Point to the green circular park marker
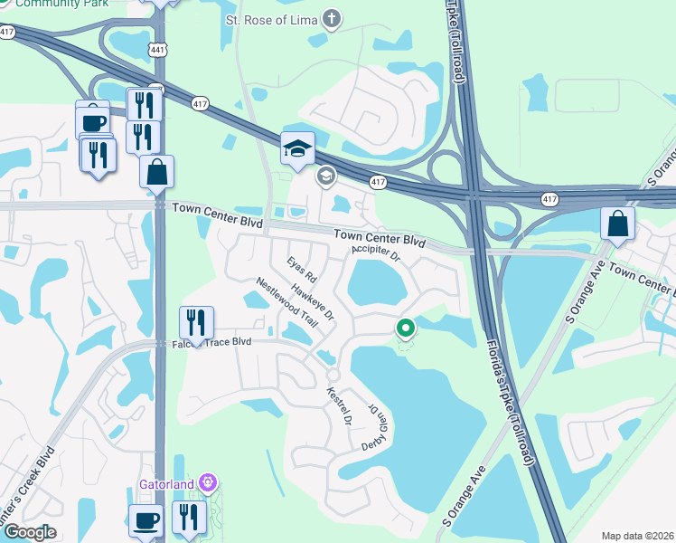(x=406, y=329)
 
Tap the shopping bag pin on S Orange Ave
(x=616, y=224)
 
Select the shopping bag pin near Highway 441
(x=157, y=171)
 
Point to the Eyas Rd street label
(x=302, y=269)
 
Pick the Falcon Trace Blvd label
(x=211, y=342)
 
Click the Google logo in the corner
(x=30, y=531)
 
